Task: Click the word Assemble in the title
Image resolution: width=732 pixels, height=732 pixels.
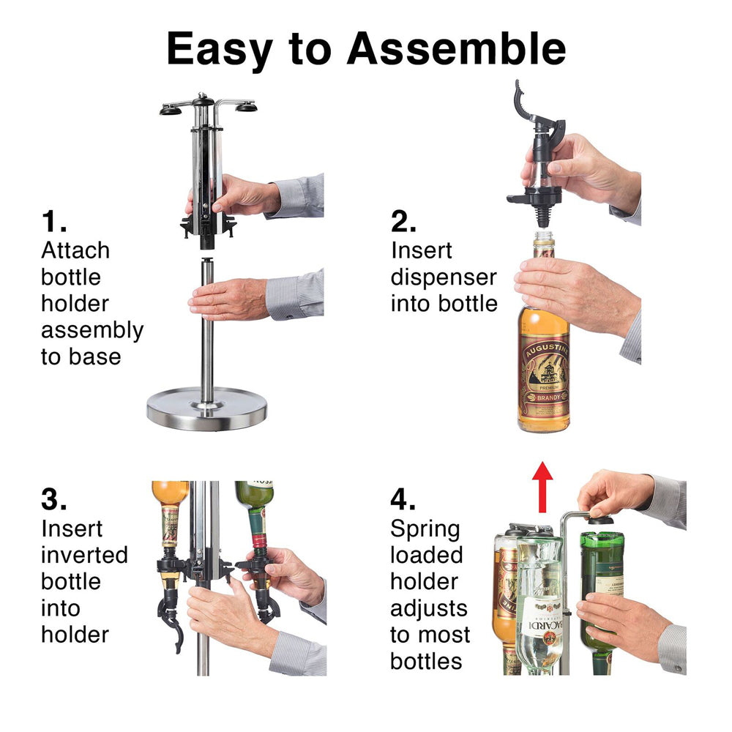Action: click(456, 49)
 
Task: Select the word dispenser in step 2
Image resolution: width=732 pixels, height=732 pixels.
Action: click(443, 277)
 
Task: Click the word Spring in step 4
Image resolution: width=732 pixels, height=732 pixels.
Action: click(426, 529)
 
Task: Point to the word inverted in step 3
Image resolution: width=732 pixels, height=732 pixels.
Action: click(84, 555)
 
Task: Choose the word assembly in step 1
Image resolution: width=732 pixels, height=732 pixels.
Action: click(91, 330)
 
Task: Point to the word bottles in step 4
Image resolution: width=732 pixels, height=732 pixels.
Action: click(426, 661)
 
